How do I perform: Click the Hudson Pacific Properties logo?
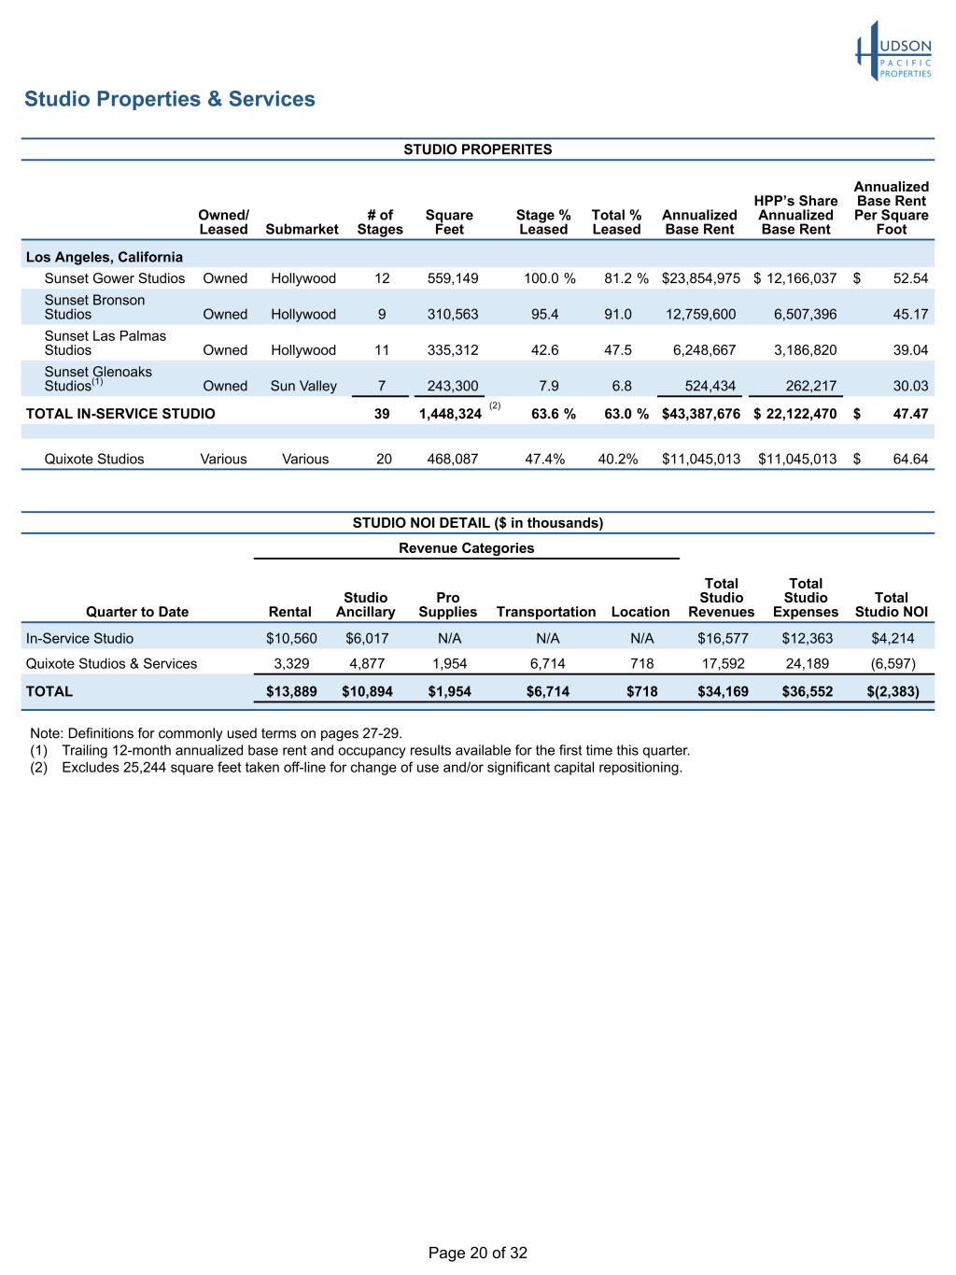[x=893, y=52]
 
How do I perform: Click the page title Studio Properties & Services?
[x=170, y=99]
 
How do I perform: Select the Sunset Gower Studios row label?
[x=115, y=278]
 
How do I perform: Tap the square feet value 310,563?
[x=453, y=315]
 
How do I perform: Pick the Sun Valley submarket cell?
[x=303, y=386]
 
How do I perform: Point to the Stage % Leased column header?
[x=543, y=222]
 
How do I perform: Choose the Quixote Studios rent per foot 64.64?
[x=910, y=459]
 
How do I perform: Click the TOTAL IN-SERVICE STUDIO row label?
[x=120, y=413]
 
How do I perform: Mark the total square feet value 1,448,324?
[x=450, y=414]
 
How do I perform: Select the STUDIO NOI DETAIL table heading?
[x=477, y=523]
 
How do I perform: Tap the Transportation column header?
[x=546, y=612]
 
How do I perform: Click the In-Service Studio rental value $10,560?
[x=291, y=639]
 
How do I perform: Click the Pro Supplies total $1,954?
[x=449, y=692]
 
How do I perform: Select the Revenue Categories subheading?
[x=466, y=548]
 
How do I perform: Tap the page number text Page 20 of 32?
[x=477, y=1253]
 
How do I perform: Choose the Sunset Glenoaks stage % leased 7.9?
[x=546, y=386]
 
